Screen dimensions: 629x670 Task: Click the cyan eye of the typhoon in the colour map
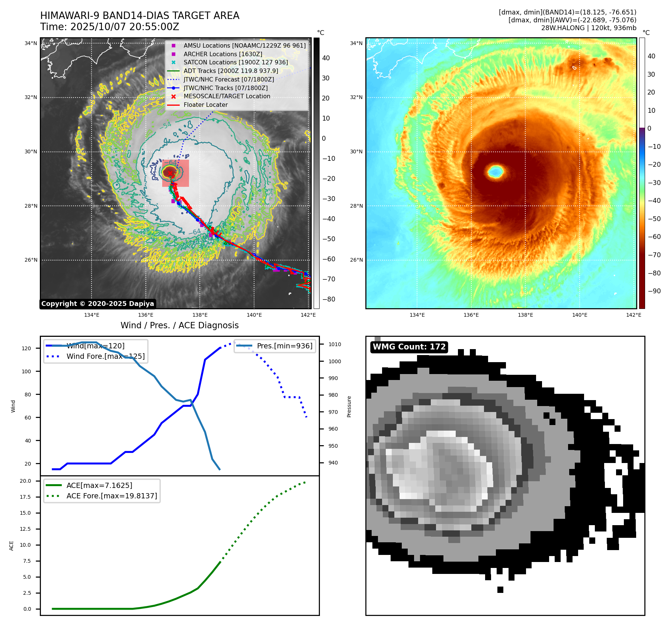(x=496, y=172)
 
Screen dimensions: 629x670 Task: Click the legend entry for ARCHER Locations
(x=222, y=54)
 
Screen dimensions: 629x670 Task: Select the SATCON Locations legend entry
(x=235, y=63)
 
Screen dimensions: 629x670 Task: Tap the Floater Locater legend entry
(x=205, y=105)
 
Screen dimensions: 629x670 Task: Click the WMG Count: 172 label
(x=409, y=347)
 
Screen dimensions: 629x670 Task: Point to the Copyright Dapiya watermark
(x=97, y=304)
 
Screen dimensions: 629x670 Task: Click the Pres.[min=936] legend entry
(x=285, y=346)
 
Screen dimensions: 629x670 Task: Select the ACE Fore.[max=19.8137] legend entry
(x=112, y=496)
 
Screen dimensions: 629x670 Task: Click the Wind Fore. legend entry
(x=105, y=357)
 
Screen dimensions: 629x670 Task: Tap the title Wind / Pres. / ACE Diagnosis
(x=179, y=326)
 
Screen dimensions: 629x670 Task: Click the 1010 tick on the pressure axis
(x=334, y=345)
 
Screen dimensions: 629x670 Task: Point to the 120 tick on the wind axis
(x=26, y=349)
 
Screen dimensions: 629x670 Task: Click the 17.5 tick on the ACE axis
(x=25, y=497)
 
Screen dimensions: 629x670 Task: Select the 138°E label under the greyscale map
(x=200, y=315)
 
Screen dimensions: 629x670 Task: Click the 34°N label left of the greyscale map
(x=31, y=44)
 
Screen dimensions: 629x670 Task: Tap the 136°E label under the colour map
(x=471, y=315)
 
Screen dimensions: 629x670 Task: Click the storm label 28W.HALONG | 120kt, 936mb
(x=589, y=28)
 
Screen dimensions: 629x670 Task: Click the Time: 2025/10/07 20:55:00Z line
(x=110, y=27)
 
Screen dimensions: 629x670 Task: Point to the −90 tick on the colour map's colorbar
(x=654, y=291)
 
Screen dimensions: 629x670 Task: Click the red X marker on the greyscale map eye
(x=170, y=173)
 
